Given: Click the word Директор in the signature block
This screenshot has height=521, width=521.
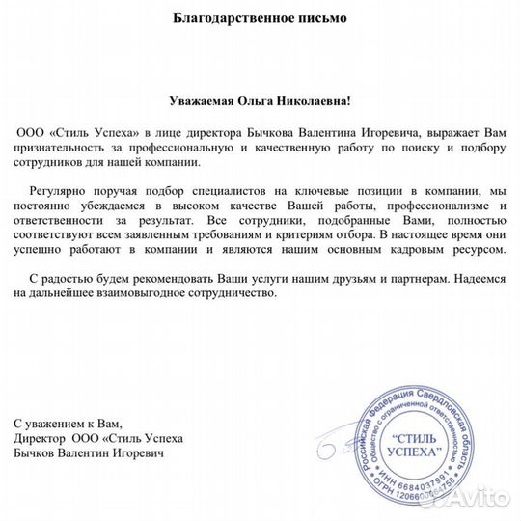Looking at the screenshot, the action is click(x=41, y=438).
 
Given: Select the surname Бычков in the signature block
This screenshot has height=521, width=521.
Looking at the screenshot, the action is click(x=39, y=452).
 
